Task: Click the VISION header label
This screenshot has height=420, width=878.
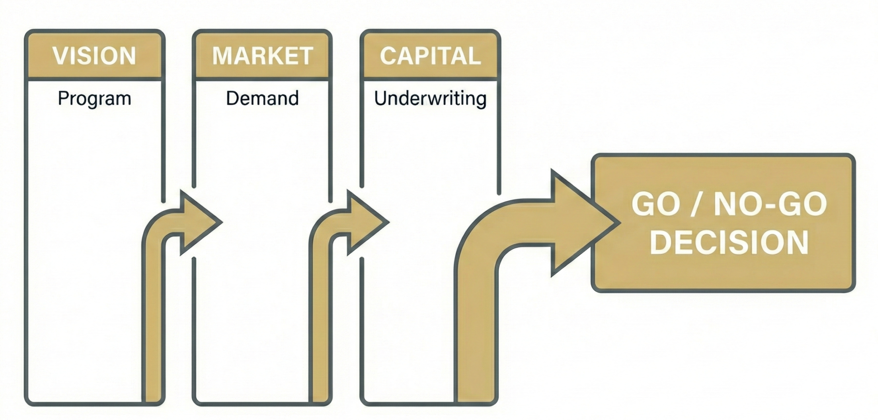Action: (94, 56)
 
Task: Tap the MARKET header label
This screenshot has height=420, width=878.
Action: (263, 56)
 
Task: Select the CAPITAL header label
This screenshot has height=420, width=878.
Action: (430, 56)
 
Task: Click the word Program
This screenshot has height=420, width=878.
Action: (94, 98)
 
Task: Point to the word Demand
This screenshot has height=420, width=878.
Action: (262, 98)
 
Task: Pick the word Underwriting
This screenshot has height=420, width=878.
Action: (430, 98)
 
